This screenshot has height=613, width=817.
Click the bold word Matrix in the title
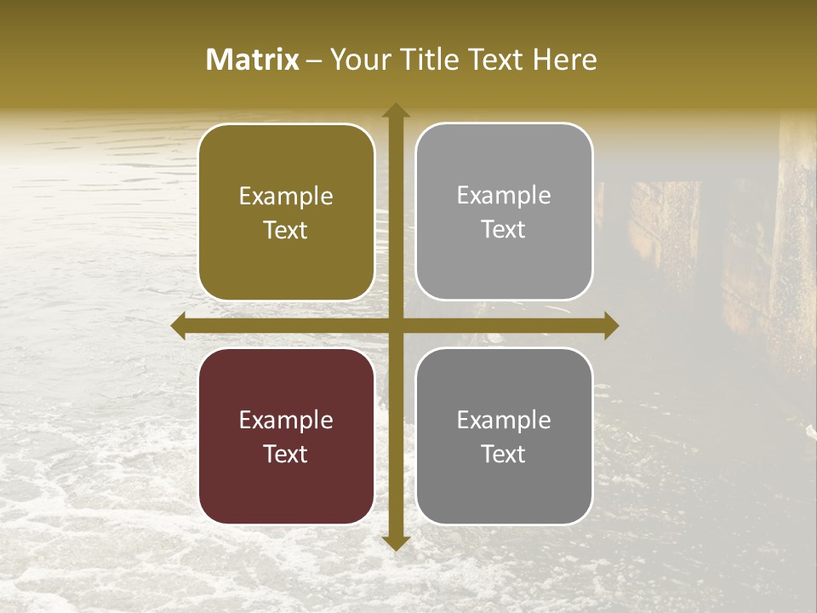pyautogui.click(x=253, y=60)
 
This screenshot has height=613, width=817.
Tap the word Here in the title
pyautogui.click(x=565, y=60)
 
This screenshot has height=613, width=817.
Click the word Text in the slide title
pyautogui.click(x=497, y=60)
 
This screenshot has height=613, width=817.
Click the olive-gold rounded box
pyautogui.click(x=286, y=213)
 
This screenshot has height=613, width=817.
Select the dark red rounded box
pyautogui.click(x=286, y=436)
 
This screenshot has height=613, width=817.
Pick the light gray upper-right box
pyautogui.click(x=504, y=212)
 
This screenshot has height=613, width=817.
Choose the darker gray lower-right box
pyautogui.click(x=504, y=436)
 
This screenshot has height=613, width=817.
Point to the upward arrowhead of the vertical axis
pyautogui.click(x=396, y=110)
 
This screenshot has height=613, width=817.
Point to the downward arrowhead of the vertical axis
pyautogui.click(x=396, y=542)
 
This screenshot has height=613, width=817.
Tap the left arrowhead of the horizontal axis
pyautogui.click(x=179, y=326)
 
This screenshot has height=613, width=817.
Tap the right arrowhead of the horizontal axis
pyautogui.click(x=611, y=326)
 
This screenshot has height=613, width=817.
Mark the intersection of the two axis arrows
pyautogui.click(x=396, y=326)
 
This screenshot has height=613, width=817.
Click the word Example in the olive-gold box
pyautogui.click(x=286, y=197)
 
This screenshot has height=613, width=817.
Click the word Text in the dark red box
pyautogui.click(x=286, y=454)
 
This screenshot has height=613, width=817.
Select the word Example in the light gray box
pyautogui.click(x=504, y=196)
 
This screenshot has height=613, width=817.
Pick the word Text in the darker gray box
pyautogui.click(x=504, y=454)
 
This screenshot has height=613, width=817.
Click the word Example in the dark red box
pyautogui.click(x=286, y=420)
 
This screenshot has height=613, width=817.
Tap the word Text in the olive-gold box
pyautogui.click(x=286, y=231)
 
